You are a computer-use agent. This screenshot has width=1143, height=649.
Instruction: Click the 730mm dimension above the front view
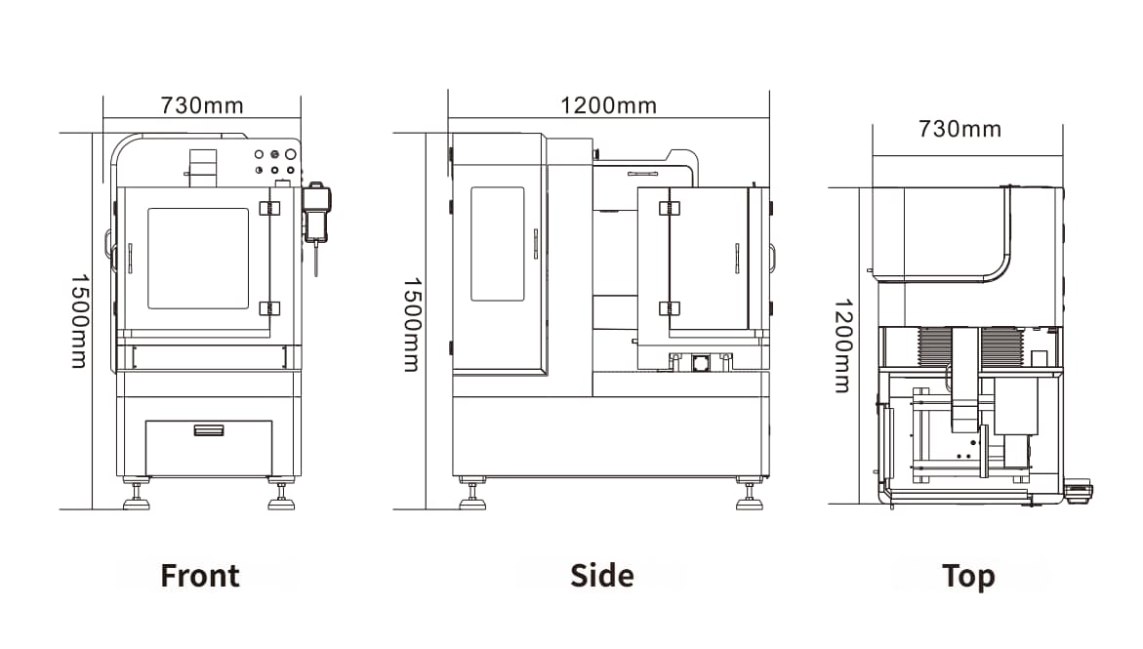[x=202, y=105]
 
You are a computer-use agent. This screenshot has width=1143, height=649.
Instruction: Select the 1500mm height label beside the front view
[x=79, y=321]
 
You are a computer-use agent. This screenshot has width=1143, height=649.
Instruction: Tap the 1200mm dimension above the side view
[x=609, y=105]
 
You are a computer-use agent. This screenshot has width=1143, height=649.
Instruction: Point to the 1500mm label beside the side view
[x=413, y=324]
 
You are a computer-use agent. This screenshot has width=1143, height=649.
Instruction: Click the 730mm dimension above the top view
[x=960, y=129]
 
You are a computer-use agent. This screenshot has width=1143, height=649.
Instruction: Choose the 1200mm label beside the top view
[x=843, y=345]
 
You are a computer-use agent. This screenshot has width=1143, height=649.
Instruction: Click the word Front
[x=200, y=576]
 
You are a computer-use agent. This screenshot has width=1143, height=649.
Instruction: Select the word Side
[x=602, y=576]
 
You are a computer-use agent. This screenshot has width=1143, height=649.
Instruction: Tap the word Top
[x=968, y=576]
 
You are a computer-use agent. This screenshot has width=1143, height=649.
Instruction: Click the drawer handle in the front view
[x=209, y=430]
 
